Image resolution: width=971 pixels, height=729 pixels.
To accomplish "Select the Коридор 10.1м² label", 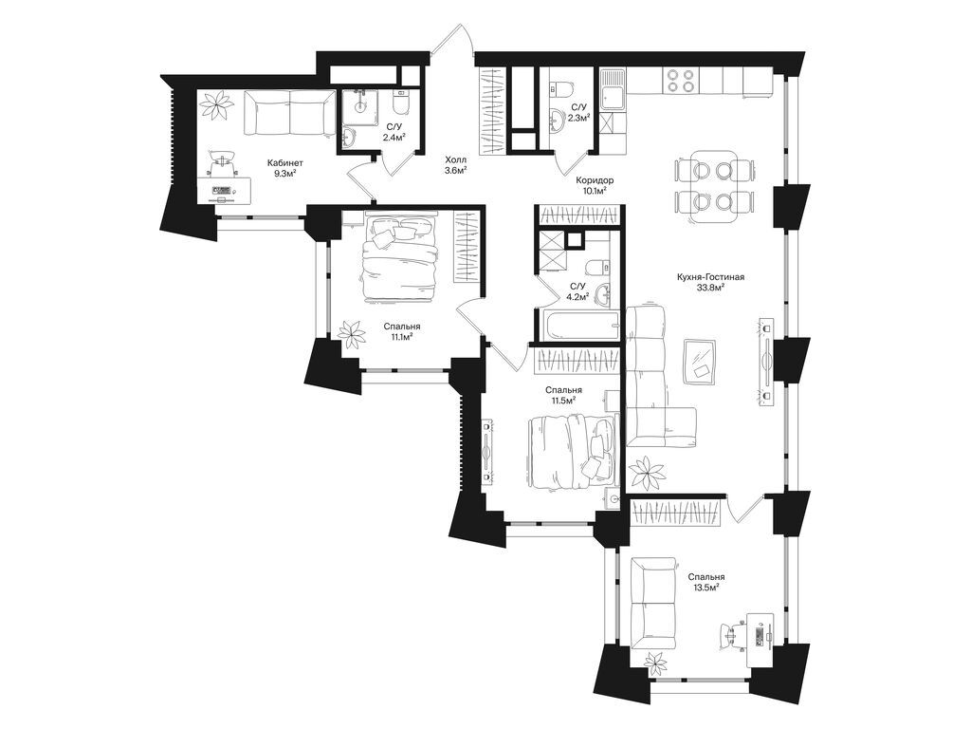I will pyautogui.click(x=595, y=185).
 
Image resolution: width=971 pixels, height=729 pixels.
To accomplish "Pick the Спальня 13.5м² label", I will pyautogui.click(x=705, y=581).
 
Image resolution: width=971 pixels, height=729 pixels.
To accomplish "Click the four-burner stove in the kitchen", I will pyautogui.click(x=679, y=80).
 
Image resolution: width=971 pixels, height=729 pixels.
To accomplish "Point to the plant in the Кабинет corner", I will pyautogui.click(x=218, y=104).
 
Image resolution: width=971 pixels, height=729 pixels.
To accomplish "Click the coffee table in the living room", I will pyautogui.click(x=702, y=362).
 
